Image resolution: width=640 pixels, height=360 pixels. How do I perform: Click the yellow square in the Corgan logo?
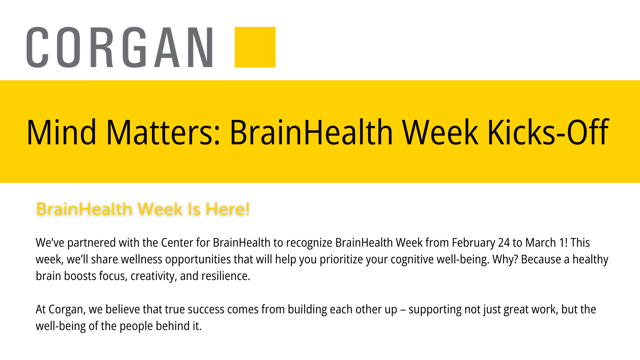coord(255,47)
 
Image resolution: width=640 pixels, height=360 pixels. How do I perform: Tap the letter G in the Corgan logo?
coord(134,47)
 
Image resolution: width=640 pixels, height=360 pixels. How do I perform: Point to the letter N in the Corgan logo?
coord(200,47)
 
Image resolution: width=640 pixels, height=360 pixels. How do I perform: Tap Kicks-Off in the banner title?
coord(548,133)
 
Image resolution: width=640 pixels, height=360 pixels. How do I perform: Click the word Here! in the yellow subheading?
coord(228,209)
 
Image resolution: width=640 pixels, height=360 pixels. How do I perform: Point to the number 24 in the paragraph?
coord(504,243)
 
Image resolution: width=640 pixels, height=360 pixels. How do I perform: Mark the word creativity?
coord(154,276)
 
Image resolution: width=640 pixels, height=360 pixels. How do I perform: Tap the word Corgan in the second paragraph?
coord(67,310)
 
